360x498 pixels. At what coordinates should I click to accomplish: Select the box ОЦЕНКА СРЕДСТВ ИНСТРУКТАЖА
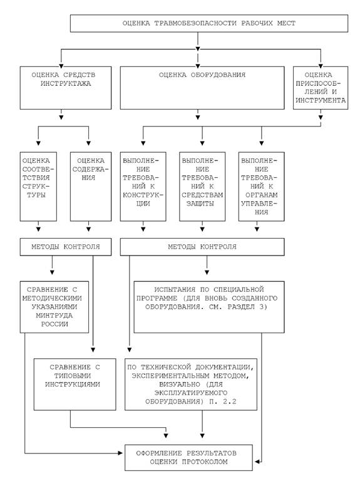click(x=66, y=88)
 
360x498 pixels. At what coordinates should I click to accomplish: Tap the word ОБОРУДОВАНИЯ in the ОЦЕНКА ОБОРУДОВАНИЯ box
click(x=218, y=75)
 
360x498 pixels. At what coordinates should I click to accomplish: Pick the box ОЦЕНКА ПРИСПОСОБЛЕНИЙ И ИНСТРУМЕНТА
click(x=321, y=88)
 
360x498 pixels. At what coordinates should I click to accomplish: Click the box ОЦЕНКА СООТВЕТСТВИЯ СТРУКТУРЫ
click(x=38, y=187)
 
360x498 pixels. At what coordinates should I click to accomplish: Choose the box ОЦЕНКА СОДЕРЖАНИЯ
click(x=91, y=187)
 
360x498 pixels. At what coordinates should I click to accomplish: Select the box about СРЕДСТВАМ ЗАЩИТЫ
click(x=202, y=187)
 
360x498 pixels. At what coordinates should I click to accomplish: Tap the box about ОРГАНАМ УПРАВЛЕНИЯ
click(x=261, y=187)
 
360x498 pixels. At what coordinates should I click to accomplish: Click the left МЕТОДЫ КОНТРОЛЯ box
click(x=66, y=247)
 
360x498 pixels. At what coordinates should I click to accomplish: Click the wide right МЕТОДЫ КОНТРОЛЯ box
click(x=202, y=247)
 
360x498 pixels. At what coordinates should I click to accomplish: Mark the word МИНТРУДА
click(x=54, y=316)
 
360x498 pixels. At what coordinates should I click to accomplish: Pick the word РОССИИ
click(x=54, y=324)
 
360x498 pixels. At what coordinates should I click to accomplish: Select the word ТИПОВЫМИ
click(x=73, y=376)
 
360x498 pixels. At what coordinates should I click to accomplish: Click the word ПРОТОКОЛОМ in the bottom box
click(x=205, y=462)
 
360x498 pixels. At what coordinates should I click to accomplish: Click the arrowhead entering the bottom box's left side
click(x=120, y=454)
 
